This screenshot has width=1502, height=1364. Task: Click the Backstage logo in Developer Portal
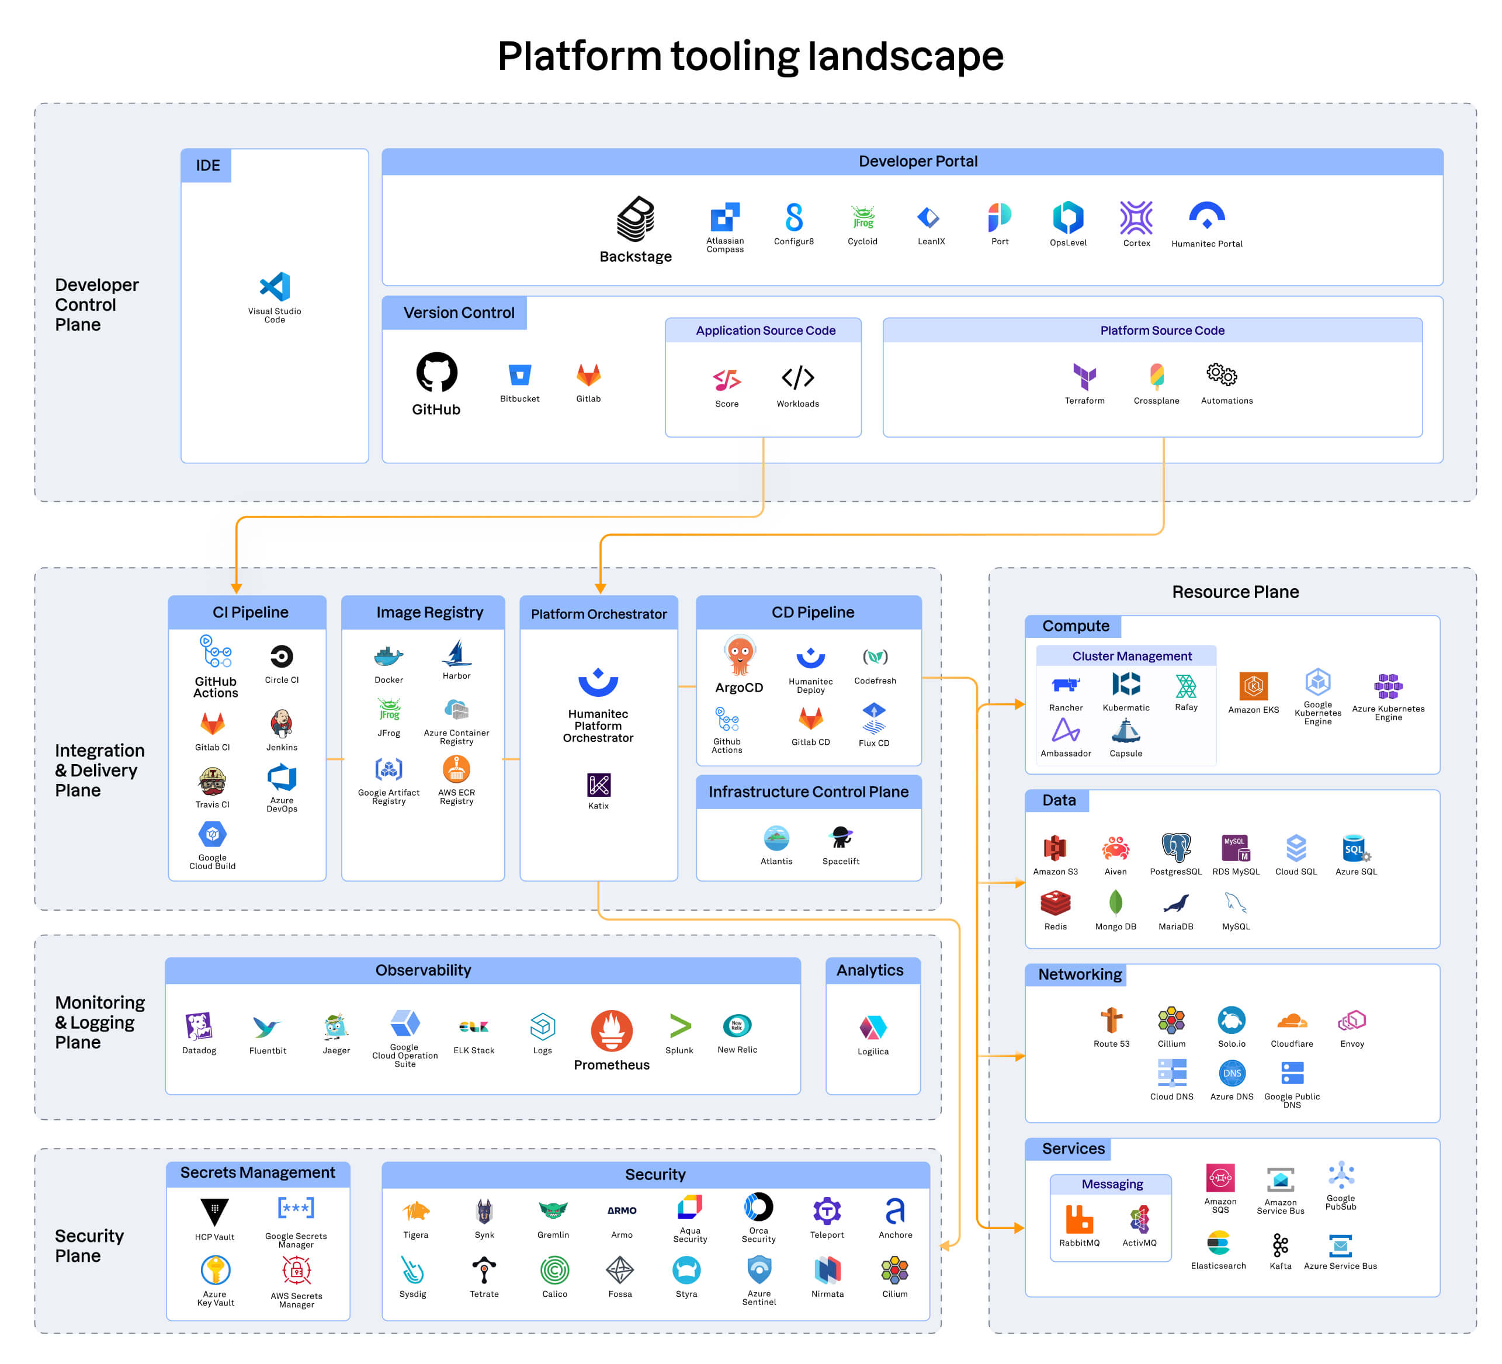tap(636, 219)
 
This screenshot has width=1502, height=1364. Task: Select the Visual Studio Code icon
tap(275, 287)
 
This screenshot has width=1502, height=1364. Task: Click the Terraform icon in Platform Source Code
tap(1084, 376)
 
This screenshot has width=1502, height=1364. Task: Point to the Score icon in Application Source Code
tap(726, 380)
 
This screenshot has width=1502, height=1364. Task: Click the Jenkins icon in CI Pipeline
tap(282, 723)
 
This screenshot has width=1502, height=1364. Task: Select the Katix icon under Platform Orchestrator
tap(598, 785)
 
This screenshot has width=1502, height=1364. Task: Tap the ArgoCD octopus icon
tap(739, 655)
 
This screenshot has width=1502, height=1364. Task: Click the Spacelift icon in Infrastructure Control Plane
tap(841, 837)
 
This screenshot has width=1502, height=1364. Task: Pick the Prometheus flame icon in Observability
tap(612, 1031)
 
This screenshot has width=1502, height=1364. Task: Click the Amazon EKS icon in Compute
tap(1253, 685)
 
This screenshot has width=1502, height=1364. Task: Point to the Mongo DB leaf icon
tap(1115, 903)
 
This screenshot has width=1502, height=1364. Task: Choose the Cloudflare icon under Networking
tap(1291, 1020)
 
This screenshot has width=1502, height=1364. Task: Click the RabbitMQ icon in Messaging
tap(1079, 1220)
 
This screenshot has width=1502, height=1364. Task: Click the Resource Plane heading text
tap(1234, 592)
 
